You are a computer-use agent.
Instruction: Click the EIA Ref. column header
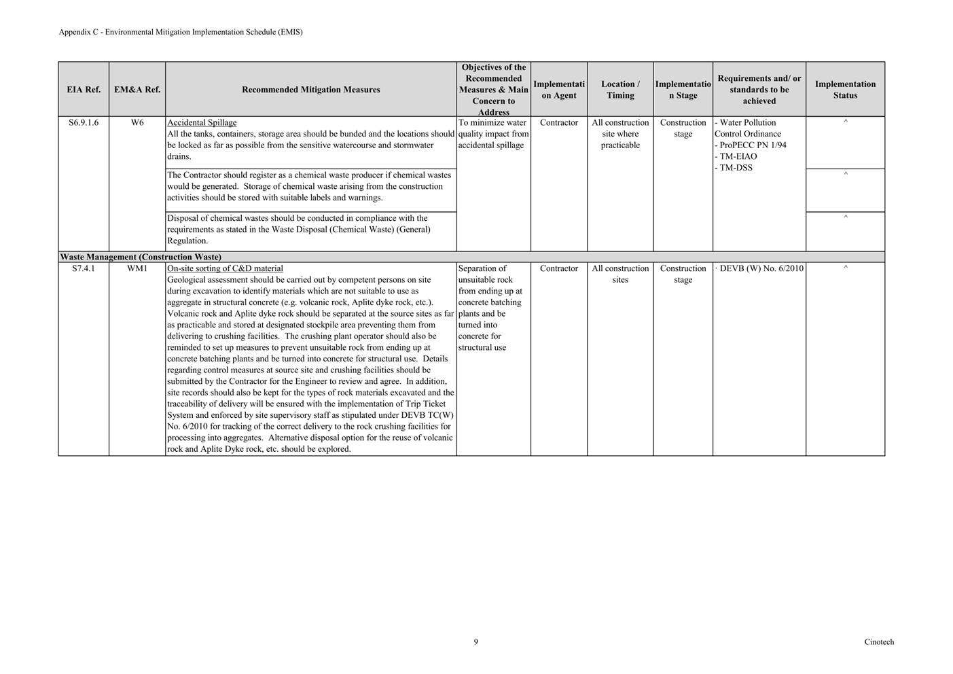click(84, 90)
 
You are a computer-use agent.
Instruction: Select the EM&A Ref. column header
click(137, 90)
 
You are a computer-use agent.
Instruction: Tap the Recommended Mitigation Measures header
click(310, 90)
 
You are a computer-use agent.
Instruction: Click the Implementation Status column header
click(845, 90)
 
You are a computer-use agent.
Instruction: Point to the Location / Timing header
click(620, 90)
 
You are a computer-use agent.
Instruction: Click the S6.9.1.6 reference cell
click(84, 123)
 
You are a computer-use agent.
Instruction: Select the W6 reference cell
click(137, 123)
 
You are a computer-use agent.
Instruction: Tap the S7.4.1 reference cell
click(84, 269)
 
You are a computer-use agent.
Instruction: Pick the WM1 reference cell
click(137, 269)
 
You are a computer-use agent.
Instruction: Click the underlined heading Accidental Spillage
click(202, 123)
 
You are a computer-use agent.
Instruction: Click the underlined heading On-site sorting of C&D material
click(225, 269)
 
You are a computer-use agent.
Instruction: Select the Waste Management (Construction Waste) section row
click(141, 258)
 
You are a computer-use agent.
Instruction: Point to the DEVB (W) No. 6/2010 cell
click(761, 269)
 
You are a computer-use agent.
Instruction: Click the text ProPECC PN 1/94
click(753, 145)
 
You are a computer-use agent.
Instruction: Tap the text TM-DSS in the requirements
click(736, 168)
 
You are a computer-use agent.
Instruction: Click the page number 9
click(475, 642)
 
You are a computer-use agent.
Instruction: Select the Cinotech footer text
click(879, 642)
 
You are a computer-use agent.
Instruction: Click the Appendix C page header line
click(181, 32)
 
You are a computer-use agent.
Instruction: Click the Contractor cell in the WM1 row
click(559, 269)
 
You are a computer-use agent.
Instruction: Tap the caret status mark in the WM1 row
click(845, 268)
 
